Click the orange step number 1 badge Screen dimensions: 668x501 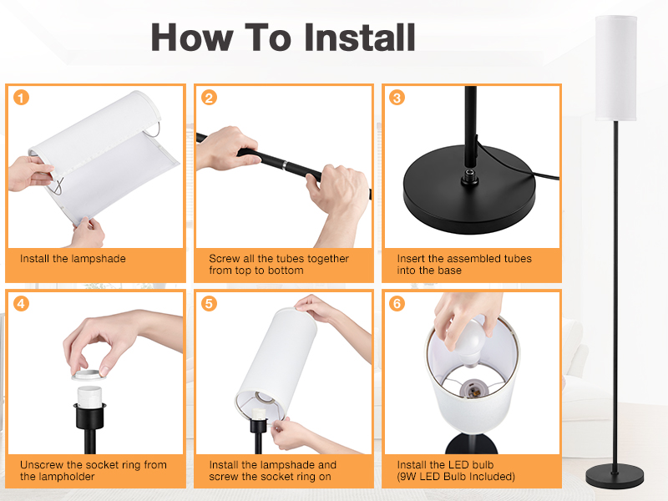[x=22, y=98]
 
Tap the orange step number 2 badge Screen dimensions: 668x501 [x=210, y=98]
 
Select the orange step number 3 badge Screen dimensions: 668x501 [x=397, y=98]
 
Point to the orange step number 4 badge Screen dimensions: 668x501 [x=22, y=304]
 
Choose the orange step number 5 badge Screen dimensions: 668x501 [x=210, y=304]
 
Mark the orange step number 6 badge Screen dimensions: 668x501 [x=397, y=304]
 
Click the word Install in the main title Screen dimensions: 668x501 [x=360, y=38]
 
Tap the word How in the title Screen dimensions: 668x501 [x=192, y=38]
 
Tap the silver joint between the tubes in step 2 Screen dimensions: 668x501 [x=284, y=164]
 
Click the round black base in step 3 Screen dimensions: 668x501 [x=469, y=190]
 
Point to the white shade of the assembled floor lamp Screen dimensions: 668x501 [x=616, y=68]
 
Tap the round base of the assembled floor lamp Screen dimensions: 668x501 [x=615, y=477]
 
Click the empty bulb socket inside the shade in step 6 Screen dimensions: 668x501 [x=472, y=388]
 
